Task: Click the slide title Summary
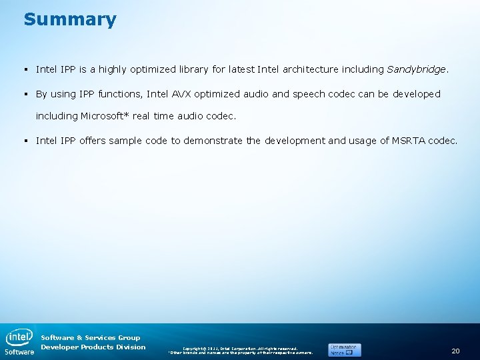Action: pos(70,19)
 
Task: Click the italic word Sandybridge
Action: pos(417,69)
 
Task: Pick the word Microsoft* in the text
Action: pos(105,116)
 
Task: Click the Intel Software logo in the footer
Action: pos(19,341)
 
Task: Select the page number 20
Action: pos(455,351)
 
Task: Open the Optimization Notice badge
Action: pos(344,349)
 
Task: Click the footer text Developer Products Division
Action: pos(93,347)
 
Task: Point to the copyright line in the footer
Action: pos(240,348)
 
